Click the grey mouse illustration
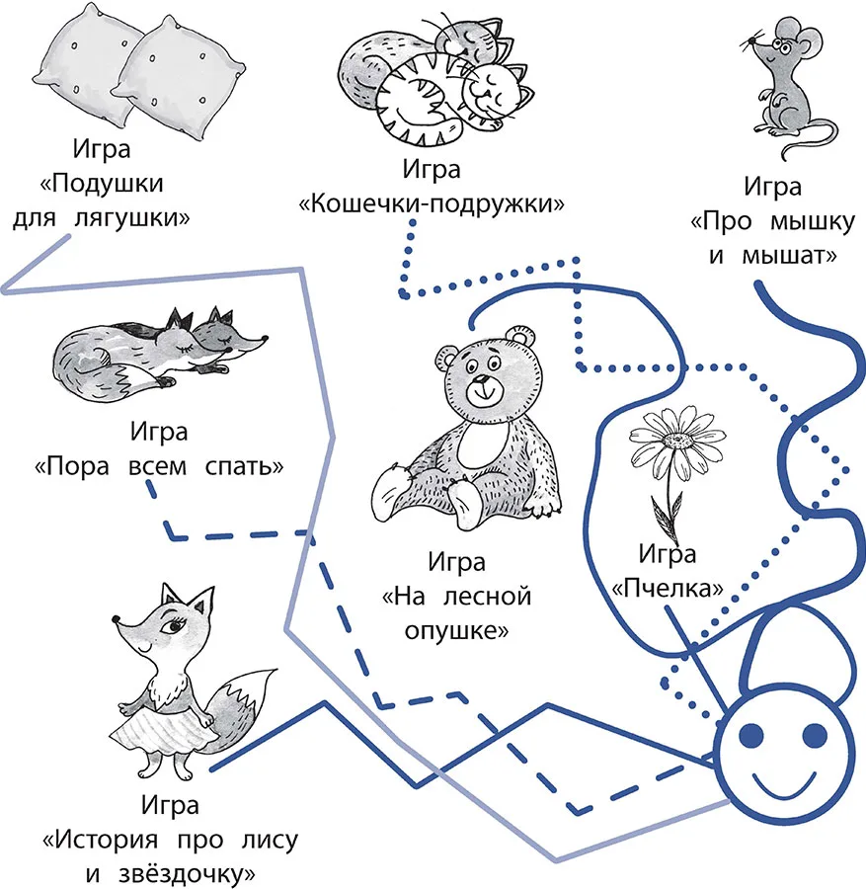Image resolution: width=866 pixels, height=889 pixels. point(788,85)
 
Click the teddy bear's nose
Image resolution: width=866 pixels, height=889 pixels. point(481,379)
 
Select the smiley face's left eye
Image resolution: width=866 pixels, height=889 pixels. point(751,736)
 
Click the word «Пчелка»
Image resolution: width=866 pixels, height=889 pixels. point(668,589)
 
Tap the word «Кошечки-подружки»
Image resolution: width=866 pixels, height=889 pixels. point(432,202)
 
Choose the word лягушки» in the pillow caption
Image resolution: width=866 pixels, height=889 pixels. point(132,218)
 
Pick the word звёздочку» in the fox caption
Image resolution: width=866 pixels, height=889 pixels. point(187,874)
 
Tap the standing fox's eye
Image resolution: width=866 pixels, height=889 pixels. point(172,626)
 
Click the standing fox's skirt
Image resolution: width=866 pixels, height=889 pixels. point(163,732)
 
